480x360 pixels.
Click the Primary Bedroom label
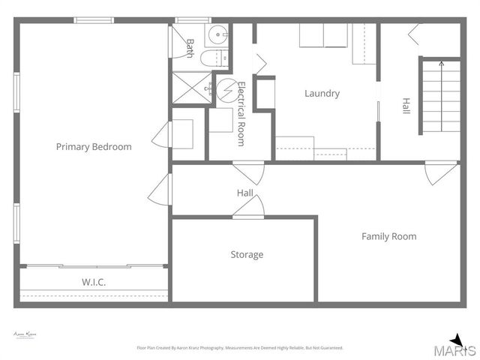(94, 147)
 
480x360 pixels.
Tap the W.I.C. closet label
(93, 282)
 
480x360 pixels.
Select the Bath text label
(190, 48)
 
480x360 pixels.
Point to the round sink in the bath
(216, 34)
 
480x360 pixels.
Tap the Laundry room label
(322, 94)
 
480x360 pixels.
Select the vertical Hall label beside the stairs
(406, 106)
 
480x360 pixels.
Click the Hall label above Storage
(244, 193)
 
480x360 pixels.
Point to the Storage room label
(247, 255)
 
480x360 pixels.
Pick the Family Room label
(388, 236)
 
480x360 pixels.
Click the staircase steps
(441, 95)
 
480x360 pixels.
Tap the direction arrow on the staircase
(441, 65)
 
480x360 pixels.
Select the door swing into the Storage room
(248, 208)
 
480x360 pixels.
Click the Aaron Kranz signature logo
(25, 334)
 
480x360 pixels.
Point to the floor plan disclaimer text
(239, 348)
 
